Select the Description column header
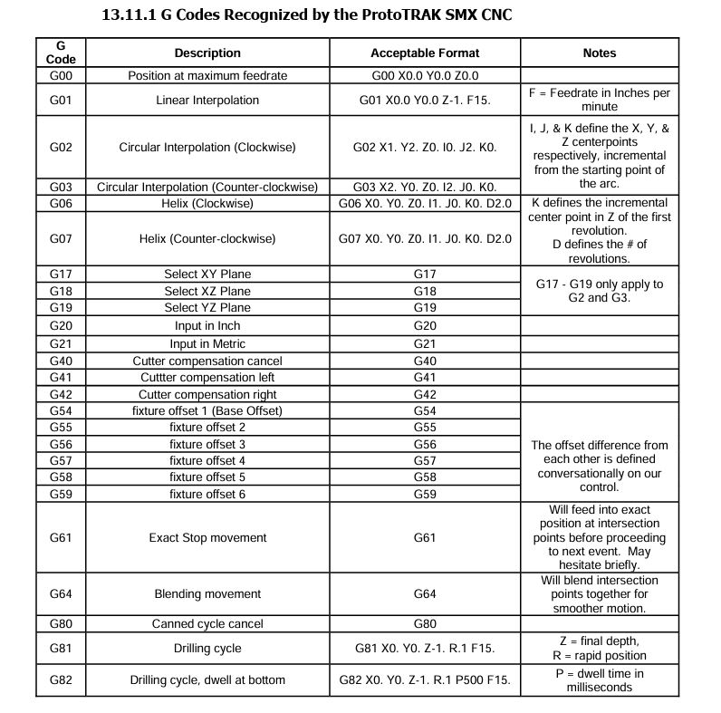207,53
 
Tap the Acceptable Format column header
425,53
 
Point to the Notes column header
600,53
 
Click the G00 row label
61,76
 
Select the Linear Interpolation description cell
207,100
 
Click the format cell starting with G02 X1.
425,147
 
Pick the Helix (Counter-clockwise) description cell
207,239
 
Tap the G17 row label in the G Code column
61,275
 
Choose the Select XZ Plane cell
207,291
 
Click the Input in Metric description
207,344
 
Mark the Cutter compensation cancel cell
207,361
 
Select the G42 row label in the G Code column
61,395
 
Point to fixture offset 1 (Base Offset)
207,410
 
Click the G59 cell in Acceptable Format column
425,494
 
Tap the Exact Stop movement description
207,538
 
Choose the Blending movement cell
207,594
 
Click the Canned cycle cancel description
207,624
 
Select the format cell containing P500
425,679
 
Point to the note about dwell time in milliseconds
600,679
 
